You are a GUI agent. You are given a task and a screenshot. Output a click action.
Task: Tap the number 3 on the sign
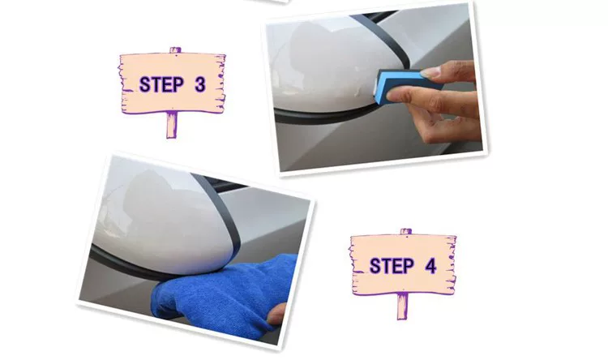(199, 84)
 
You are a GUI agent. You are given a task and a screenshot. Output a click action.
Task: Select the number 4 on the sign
(430, 266)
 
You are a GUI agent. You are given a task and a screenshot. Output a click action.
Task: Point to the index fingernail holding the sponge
(430, 72)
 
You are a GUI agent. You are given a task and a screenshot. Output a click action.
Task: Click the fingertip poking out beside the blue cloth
(276, 315)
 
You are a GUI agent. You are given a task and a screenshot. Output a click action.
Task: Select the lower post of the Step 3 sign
(171, 124)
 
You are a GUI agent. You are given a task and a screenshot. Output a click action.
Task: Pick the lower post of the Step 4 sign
(402, 306)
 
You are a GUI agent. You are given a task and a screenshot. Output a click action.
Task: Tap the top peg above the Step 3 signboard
(175, 50)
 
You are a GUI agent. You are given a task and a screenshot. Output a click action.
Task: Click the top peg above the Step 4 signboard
(406, 232)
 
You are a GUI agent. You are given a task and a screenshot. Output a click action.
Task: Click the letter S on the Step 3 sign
(144, 84)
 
